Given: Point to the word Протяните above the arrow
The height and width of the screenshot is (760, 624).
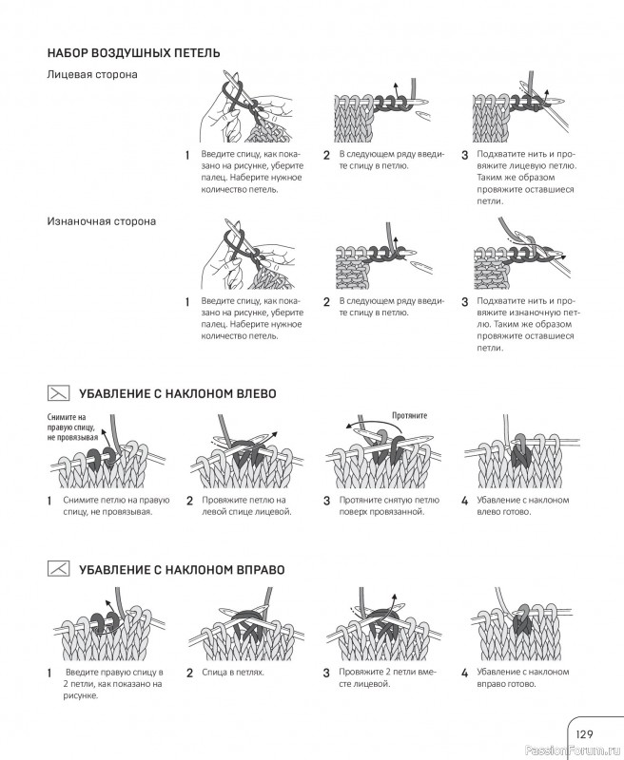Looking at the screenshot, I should point(409,416).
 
